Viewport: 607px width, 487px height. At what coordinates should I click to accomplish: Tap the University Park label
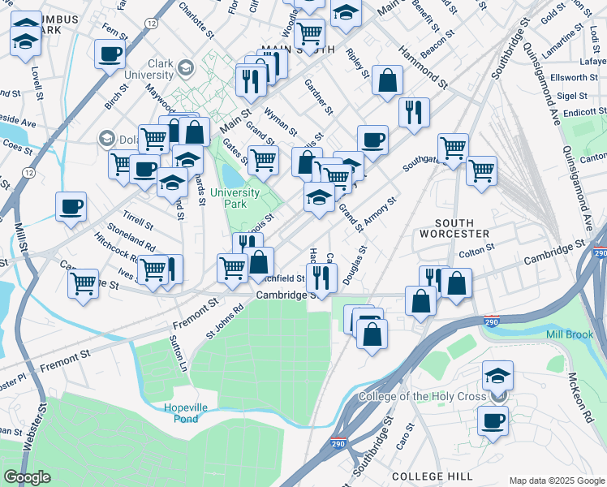click(x=235, y=198)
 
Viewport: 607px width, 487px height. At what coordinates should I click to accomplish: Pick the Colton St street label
click(x=471, y=252)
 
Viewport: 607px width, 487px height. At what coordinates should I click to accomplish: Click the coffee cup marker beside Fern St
click(x=109, y=55)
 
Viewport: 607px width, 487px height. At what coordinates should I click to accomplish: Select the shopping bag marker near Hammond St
click(x=389, y=80)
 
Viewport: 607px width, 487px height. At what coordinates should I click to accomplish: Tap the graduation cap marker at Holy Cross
click(x=497, y=376)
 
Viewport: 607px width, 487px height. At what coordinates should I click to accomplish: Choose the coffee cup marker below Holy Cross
click(x=493, y=420)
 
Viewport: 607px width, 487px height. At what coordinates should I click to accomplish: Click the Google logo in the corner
click(x=27, y=477)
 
